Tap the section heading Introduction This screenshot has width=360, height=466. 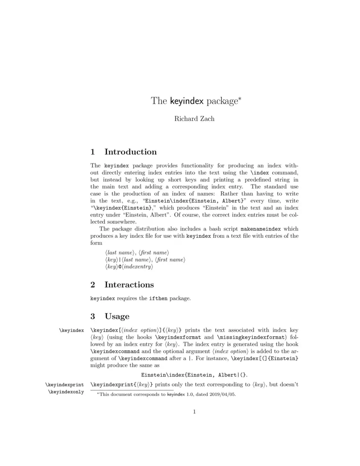click(130, 152)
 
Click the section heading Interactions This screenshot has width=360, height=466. click(129, 285)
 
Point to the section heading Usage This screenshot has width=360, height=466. click(117, 316)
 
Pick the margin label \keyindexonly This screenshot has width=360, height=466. click(66, 392)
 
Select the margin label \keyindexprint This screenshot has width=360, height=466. click(64, 385)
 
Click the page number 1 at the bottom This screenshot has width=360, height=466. click(194, 411)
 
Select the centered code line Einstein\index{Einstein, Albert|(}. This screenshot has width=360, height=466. click(194, 375)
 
